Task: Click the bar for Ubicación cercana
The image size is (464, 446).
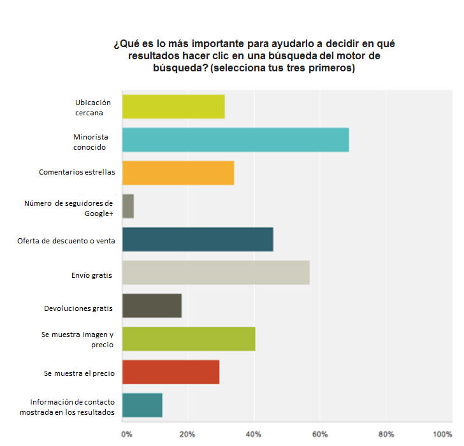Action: pos(173,106)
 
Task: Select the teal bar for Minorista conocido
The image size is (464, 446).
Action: pos(235,140)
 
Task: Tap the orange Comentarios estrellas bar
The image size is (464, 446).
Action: pos(178,173)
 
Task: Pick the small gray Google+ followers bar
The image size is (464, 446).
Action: pos(127,206)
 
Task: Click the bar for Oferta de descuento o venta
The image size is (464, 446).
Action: pos(198,239)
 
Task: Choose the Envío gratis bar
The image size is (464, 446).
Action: pos(215,272)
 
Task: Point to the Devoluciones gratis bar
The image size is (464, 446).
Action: pos(152,306)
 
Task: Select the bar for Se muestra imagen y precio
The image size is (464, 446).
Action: pos(189,339)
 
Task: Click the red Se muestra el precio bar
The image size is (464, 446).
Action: pos(170,372)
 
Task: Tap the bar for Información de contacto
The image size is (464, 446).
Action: pos(142,405)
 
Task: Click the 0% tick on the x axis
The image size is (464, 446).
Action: pos(127,435)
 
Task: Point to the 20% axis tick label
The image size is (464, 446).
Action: pos(187,435)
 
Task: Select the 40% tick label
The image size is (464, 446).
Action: pos(254,435)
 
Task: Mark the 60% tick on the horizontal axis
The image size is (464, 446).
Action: pos(320,435)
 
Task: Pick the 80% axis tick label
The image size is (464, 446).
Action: pos(386,435)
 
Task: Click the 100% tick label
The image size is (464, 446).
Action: pos(442,435)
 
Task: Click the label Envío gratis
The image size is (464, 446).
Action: pos(92,276)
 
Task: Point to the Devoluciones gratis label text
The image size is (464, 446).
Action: pos(78,309)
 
